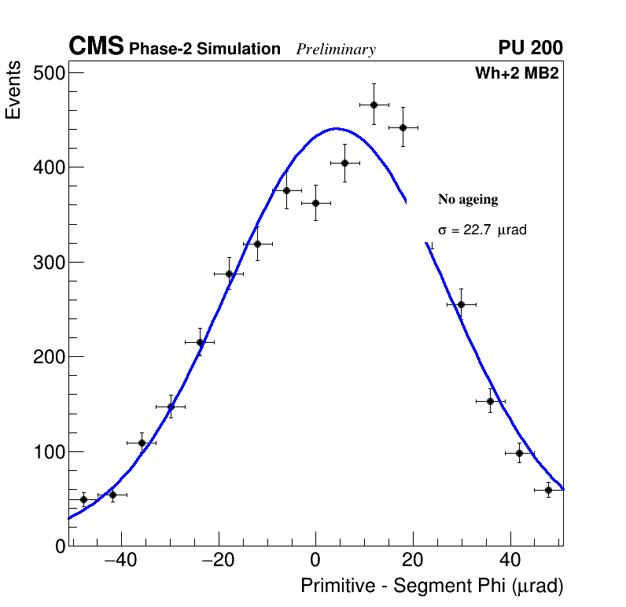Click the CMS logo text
[x=96, y=47]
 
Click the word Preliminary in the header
[x=336, y=50]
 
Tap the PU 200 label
[x=530, y=48]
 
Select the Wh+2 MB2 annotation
[x=517, y=74]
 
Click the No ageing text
[x=468, y=200]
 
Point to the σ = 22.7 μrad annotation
[x=481, y=230]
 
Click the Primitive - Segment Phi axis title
[x=432, y=586]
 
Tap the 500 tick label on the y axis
[x=48, y=73]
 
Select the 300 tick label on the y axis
[x=48, y=263]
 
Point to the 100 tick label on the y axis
[x=48, y=452]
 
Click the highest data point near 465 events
[x=374, y=105]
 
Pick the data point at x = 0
[x=315, y=203]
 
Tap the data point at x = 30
[x=461, y=304]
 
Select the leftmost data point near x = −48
[x=83, y=499]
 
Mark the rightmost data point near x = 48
[x=548, y=490]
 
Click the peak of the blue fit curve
[x=336, y=128]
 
